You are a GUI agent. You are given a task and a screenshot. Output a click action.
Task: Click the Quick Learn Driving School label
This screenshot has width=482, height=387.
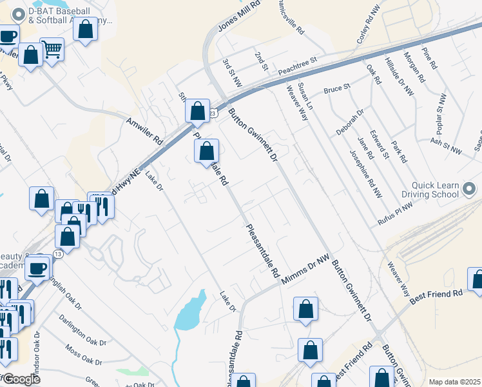click(x=430, y=190)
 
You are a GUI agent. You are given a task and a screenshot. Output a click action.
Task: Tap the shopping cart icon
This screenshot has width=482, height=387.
click(x=52, y=48)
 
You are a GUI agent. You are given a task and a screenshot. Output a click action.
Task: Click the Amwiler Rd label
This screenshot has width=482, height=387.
click(x=145, y=130)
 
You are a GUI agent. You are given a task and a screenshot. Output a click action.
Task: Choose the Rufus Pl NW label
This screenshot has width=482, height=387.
click(x=394, y=216)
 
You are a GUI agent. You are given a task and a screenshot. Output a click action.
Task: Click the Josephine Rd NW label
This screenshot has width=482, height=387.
click(x=365, y=174)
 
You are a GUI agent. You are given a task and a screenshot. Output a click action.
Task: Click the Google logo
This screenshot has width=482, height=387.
click(x=21, y=379)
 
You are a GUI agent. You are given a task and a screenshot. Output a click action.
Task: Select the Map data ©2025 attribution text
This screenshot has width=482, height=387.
click(x=454, y=382)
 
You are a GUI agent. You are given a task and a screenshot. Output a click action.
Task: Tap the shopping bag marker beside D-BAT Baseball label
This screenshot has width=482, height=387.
click(x=85, y=30)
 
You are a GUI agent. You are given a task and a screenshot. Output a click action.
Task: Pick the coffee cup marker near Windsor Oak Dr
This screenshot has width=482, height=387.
click(x=37, y=267)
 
